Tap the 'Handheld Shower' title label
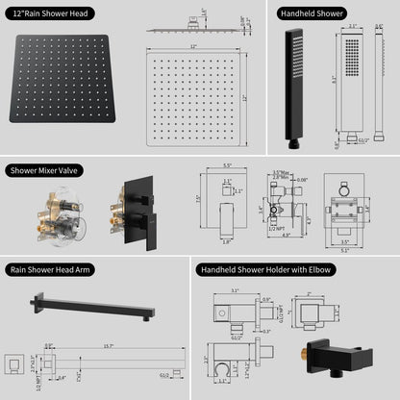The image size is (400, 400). (x=312, y=14)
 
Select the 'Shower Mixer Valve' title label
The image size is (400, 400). (x=45, y=170)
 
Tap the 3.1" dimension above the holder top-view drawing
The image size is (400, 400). (x=234, y=289)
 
